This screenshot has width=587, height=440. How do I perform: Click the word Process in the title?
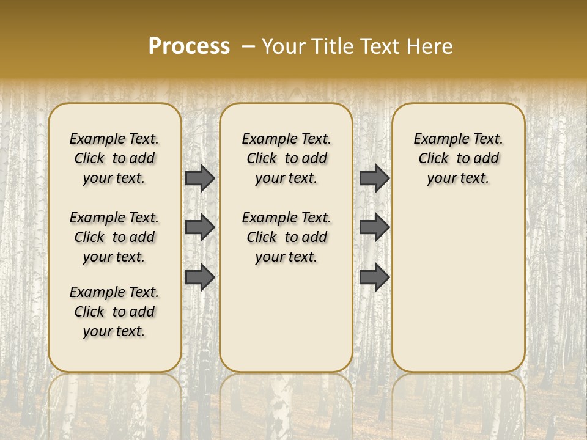(x=189, y=46)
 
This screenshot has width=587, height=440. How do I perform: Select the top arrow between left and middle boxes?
(x=200, y=178)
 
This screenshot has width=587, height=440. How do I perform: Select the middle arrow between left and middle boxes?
(x=200, y=227)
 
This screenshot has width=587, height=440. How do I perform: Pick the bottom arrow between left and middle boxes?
(x=200, y=277)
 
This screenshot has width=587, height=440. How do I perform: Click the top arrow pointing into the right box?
(x=374, y=178)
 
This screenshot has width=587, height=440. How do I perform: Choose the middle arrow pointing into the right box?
(x=374, y=227)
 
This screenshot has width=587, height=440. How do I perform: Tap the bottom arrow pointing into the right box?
(x=374, y=277)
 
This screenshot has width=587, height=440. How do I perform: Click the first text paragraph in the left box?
(x=114, y=158)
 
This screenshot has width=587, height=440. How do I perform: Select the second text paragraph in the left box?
(x=114, y=237)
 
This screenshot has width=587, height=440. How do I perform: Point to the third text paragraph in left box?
(x=114, y=312)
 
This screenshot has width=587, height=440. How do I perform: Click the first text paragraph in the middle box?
(x=286, y=158)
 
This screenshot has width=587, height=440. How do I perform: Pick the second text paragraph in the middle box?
(x=286, y=237)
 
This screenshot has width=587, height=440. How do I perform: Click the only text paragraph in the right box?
(x=459, y=158)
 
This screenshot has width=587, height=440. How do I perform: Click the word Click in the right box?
(x=434, y=158)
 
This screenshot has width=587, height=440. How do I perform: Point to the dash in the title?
(x=248, y=46)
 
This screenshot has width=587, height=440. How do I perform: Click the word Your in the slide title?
(x=282, y=46)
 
